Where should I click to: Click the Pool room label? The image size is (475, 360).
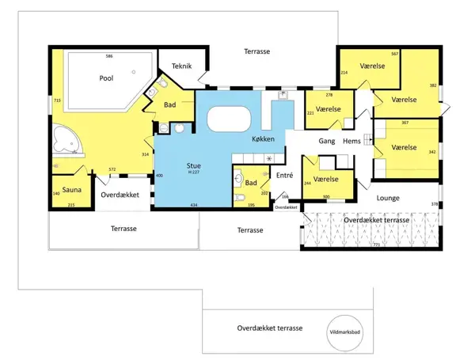click(x=106, y=78)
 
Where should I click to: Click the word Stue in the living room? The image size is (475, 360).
click(x=194, y=165)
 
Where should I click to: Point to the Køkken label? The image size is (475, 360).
click(x=263, y=138)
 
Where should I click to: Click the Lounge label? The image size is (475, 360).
click(x=388, y=198)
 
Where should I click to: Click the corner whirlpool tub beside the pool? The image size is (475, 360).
click(x=65, y=141)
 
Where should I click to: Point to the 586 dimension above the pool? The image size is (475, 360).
click(x=110, y=56)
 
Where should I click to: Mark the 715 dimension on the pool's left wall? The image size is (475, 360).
click(x=57, y=100)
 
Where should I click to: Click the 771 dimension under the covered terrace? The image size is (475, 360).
click(x=376, y=245)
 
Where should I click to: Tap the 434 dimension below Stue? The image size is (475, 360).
click(x=193, y=205)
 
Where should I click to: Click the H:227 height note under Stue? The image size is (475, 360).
click(x=194, y=174)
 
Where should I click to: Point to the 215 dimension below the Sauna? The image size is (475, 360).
click(x=70, y=205)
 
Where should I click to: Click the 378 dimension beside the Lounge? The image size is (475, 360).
click(x=434, y=204)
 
